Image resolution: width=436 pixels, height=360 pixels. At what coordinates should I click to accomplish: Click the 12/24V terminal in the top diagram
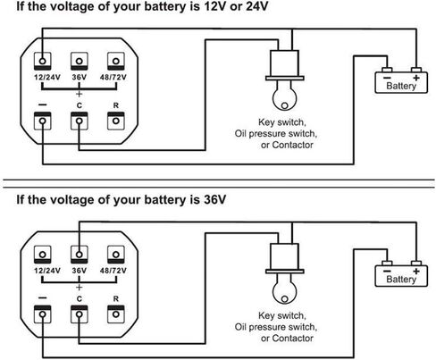[43, 61]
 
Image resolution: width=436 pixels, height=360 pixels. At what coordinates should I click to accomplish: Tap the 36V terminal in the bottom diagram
[80, 255]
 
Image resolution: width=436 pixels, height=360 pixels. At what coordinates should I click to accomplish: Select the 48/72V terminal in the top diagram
[116, 61]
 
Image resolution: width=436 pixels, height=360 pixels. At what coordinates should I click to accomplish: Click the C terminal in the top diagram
[80, 121]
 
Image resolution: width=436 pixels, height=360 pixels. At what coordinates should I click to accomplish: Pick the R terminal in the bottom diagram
[116, 314]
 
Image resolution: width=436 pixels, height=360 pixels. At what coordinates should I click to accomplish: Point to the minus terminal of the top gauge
[43, 121]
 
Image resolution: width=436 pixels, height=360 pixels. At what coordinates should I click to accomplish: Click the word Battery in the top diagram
[401, 86]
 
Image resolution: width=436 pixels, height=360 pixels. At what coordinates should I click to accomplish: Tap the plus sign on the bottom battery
[416, 271]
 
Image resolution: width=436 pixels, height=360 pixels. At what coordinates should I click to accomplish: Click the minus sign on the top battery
[387, 78]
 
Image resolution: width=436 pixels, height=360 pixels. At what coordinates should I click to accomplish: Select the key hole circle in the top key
[285, 105]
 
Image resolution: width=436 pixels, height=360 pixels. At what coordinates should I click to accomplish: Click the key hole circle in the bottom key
[285, 298]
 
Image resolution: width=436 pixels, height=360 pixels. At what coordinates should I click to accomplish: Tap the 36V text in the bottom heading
[214, 199]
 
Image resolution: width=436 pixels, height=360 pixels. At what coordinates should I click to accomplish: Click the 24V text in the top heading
[257, 6]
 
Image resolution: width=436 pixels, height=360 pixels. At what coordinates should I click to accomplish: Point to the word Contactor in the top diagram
[292, 145]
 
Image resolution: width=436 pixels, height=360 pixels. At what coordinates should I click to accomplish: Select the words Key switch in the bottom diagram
[282, 315]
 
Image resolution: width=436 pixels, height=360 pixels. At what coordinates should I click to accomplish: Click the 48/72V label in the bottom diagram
[113, 271]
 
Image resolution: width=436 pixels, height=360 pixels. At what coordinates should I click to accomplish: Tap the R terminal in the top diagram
[116, 121]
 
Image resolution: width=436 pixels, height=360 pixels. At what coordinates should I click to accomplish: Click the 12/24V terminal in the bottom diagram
[43, 255]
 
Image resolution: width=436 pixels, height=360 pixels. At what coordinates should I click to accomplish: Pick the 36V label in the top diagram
[80, 78]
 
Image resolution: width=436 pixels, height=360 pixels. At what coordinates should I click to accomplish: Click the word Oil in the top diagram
[240, 133]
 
